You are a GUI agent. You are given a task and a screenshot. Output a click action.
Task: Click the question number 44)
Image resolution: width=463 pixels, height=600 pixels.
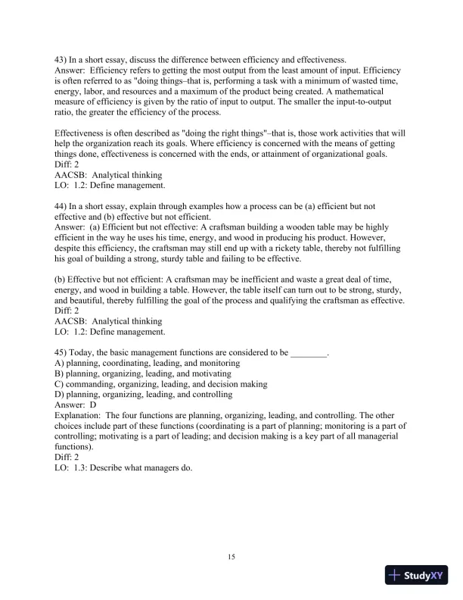pos(62,206)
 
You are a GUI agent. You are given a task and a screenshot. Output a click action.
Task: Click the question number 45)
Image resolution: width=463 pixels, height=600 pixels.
pos(62,353)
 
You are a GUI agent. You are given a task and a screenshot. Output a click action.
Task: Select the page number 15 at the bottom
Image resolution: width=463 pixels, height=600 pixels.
pos(231,558)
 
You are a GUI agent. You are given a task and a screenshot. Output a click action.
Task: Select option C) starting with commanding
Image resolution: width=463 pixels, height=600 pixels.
pos(161,384)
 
